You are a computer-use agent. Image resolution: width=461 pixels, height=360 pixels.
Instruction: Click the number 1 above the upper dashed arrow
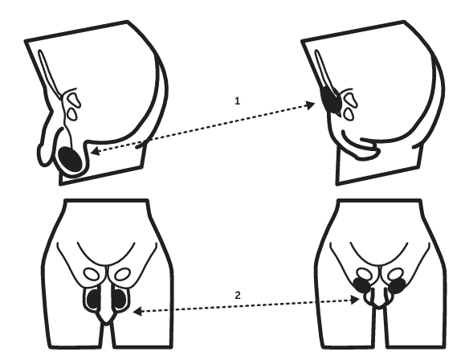click(x=237, y=101)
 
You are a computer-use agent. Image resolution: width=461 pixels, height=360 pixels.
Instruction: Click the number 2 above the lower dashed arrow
click(x=238, y=295)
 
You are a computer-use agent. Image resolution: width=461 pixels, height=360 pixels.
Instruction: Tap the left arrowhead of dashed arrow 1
click(x=95, y=151)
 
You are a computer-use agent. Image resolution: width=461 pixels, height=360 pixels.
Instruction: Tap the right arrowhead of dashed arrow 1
click(x=310, y=105)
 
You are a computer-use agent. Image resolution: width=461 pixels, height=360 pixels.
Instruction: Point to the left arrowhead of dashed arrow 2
click(x=137, y=312)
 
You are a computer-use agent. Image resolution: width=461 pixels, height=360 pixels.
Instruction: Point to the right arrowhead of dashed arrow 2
click(x=355, y=300)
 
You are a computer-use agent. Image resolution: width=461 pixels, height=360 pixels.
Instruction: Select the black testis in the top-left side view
click(x=70, y=159)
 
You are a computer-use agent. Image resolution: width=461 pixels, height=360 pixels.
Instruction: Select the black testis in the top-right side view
click(x=331, y=99)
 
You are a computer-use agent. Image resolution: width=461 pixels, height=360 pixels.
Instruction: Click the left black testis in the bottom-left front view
click(x=94, y=299)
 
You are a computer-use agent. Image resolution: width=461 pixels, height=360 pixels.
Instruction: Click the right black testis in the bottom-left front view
click(x=120, y=299)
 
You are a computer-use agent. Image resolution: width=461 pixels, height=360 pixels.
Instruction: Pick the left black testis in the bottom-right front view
click(x=361, y=284)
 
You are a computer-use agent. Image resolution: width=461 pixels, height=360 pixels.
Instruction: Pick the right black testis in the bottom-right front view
click(x=398, y=285)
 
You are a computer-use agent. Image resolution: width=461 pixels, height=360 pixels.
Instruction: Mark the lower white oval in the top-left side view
click(x=72, y=113)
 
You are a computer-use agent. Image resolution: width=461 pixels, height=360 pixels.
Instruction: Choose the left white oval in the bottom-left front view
click(x=92, y=275)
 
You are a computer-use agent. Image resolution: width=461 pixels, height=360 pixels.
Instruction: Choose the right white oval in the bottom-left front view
click(x=122, y=274)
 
